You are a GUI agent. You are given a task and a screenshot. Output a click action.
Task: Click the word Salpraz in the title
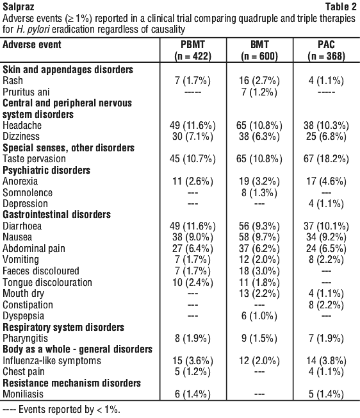point(19,6)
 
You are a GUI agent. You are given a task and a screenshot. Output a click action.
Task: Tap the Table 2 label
point(341,6)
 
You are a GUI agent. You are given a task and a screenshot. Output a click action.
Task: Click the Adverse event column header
point(32,44)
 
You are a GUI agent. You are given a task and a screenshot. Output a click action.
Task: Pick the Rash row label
point(13,81)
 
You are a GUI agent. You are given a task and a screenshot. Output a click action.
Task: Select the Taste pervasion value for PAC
point(326,159)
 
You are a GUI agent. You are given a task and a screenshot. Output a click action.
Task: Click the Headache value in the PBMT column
point(193,125)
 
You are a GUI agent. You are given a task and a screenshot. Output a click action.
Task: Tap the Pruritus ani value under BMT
point(259,92)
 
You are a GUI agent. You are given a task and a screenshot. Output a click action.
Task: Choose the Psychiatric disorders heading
point(46,170)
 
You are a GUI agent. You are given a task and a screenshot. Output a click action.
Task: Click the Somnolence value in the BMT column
point(259,192)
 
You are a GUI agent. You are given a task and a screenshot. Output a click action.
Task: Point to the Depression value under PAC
point(326,204)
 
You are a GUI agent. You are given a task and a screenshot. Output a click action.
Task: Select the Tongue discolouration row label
point(47,282)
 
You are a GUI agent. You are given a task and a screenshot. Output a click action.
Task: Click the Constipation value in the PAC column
point(326,305)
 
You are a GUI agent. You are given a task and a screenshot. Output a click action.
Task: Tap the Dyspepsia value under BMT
point(259,316)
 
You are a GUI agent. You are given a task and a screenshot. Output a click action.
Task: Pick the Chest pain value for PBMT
point(193,372)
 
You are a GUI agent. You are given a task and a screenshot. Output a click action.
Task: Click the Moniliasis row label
point(23,394)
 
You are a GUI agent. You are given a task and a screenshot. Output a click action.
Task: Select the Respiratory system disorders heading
point(63,327)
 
